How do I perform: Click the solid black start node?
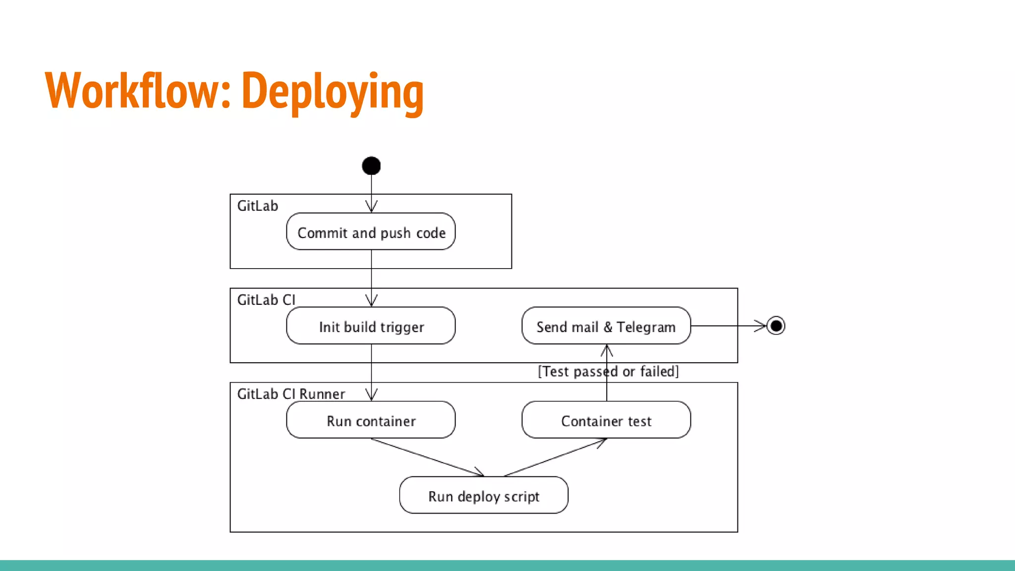(x=371, y=166)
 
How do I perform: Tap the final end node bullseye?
(x=776, y=326)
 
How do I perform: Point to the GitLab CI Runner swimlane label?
(x=291, y=394)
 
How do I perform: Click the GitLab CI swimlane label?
(x=266, y=300)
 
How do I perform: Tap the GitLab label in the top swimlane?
(x=258, y=206)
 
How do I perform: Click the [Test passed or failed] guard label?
(x=609, y=371)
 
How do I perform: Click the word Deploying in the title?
(x=332, y=91)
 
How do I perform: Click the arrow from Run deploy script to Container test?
(x=554, y=457)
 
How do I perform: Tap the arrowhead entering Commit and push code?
(x=371, y=206)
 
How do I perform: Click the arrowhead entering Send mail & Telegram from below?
(x=607, y=350)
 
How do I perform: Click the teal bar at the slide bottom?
(x=507, y=565)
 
